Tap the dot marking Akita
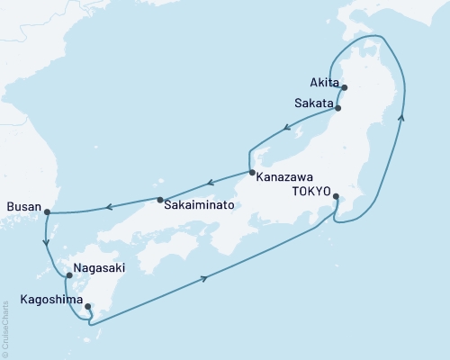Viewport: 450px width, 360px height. pos(344,87)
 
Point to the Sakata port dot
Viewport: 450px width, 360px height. pos(337,108)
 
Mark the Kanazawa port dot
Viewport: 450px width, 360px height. pos(252,173)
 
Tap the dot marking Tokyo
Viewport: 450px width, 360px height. pos(336,196)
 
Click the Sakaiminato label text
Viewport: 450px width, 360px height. pos(200,205)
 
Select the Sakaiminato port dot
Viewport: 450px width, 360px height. pos(160,200)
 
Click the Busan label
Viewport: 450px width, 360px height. pos(23,207)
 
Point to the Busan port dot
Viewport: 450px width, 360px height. pos(47,212)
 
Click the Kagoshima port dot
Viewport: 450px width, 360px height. pos(87,306)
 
